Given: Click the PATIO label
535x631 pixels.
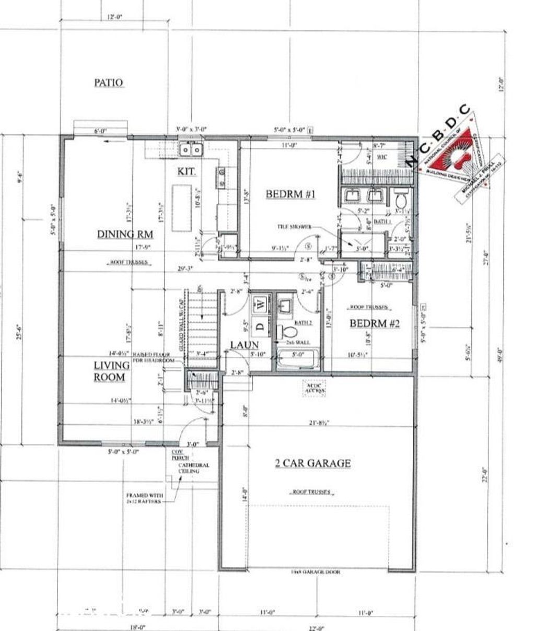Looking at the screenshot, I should (x=109, y=83).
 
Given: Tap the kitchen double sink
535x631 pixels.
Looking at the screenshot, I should (x=191, y=150).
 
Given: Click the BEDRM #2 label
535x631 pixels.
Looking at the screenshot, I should (x=374, y=324).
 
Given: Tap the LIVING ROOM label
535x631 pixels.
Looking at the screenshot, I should (x=110, y=371).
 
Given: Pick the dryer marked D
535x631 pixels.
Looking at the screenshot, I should (x=260, y=328).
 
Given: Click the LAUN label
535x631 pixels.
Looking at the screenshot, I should (x=245, y=345).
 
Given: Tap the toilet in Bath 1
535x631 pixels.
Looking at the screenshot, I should (x=401, y=198).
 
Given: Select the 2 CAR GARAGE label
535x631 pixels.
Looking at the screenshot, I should (x=312, y=463).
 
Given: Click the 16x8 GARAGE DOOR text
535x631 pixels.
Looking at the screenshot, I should (x=316, y=572).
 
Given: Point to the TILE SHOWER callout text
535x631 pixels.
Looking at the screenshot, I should (x=295, y=227).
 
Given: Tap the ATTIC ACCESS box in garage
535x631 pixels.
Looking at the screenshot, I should (x=315, y=388).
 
